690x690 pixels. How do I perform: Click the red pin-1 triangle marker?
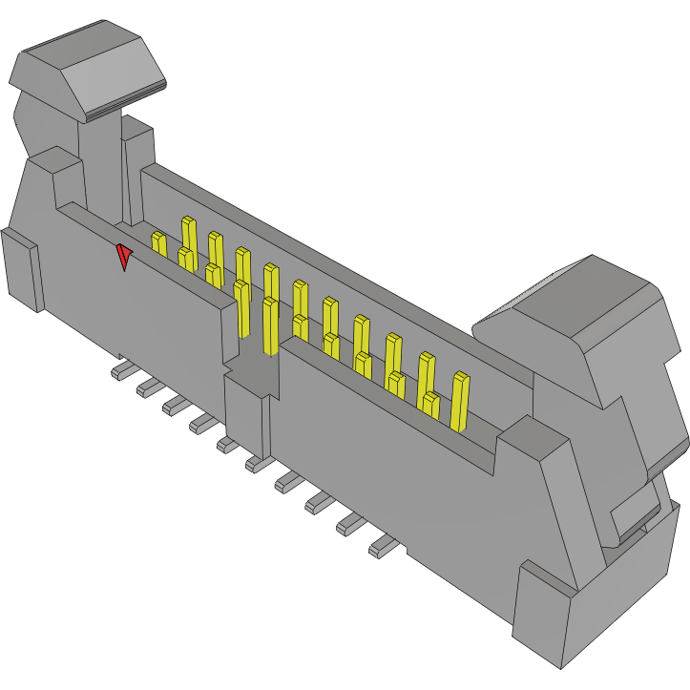pos(123,256)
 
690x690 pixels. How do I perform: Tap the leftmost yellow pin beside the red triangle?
pos(158,244)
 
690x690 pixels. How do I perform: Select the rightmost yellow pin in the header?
pos(460,401)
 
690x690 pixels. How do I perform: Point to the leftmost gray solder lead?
pos(121,369)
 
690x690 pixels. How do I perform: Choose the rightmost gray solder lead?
pos(382,547)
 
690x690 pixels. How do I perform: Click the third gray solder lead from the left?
pos(175,406)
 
